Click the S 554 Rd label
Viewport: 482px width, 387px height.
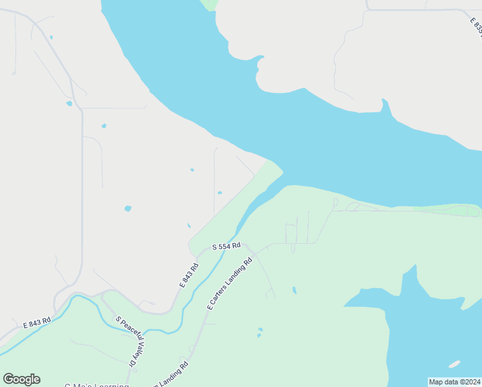click(227, 246)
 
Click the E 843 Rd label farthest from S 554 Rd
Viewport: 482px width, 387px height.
click(36, 322)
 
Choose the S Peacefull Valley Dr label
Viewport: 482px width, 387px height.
click(128, 342)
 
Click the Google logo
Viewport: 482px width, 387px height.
click(21, 379)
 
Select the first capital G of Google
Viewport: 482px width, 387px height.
click(9, 379)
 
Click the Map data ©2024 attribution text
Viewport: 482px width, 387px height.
click(454, 382)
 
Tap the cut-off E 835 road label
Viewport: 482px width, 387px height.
click(476, 27)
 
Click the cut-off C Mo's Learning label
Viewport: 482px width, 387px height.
click(97, 385)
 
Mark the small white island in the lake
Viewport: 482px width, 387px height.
click(455, 364)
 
